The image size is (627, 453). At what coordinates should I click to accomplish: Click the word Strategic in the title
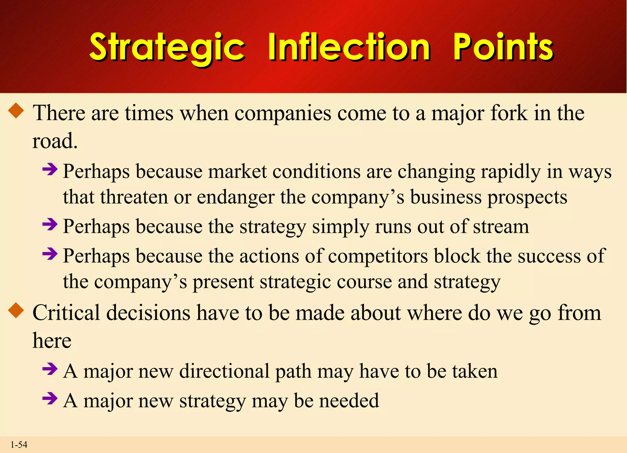coord(167,48)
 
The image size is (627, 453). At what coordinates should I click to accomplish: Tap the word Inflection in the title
coord(349,47)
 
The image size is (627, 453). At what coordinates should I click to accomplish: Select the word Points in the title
coord(503,47)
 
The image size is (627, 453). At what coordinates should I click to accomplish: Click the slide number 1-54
coord(19,445)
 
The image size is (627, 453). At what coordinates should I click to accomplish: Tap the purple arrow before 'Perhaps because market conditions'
coord(50,169)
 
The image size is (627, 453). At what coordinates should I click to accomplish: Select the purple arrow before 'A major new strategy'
coord(50,398)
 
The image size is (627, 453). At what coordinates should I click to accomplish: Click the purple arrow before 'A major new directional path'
coord(50,369)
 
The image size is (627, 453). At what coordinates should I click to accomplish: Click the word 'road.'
coord(55,141)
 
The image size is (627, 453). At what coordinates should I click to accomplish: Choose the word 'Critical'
coord(66,313)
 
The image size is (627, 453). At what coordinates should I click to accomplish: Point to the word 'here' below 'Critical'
coord(52,341)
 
